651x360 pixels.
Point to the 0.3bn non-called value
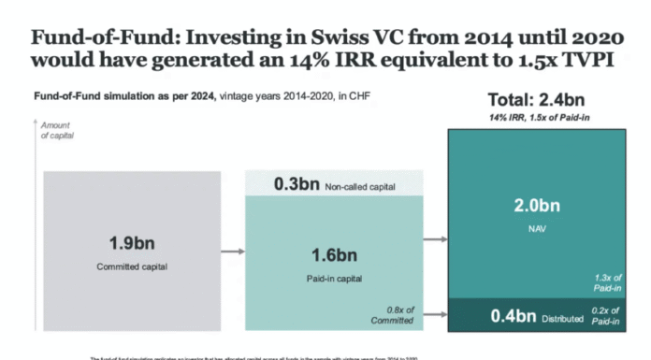[x=297, y=184]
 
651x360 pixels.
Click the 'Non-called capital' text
[x=360, y=186]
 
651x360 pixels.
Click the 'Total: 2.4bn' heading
[x=537, y=100]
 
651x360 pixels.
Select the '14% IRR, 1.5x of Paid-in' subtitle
[x=537, y=119]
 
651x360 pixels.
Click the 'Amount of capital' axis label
[x=57, y=131]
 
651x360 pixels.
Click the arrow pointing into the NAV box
[x=434, y=239]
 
